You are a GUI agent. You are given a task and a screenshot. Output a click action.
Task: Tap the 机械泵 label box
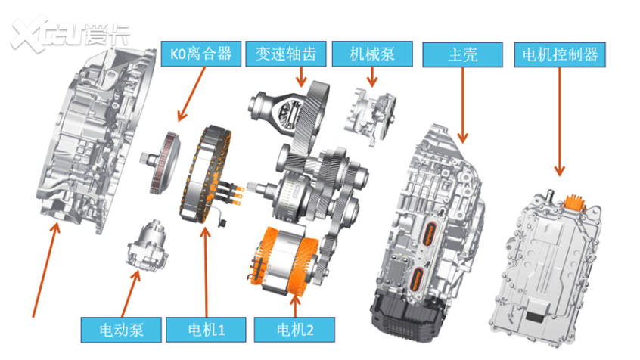[371, 54]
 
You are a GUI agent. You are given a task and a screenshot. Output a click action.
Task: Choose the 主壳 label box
[462, 54]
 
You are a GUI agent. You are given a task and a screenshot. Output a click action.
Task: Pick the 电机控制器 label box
[560, 54]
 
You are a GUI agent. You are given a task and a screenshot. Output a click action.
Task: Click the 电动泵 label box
[121, 329]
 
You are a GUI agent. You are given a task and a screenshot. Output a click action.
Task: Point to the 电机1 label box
[207, 329]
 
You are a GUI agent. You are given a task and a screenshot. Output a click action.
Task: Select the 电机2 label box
[292, 329]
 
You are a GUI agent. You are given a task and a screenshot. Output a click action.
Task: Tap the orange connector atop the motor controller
[574, 200]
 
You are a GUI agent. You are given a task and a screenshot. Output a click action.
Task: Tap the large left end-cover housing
[98, 144]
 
